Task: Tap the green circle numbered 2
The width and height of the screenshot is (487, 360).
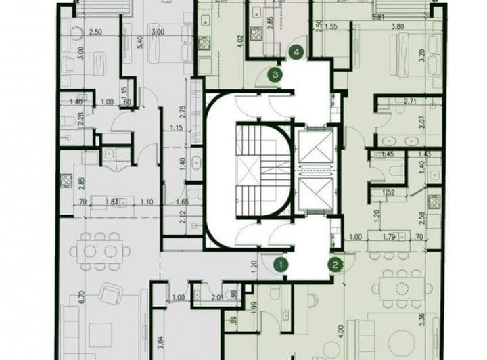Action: tap(335, 265)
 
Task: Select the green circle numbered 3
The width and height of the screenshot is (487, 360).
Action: tap(273, 74)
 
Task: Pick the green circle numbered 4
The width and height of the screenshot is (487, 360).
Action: tap(296, 51)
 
